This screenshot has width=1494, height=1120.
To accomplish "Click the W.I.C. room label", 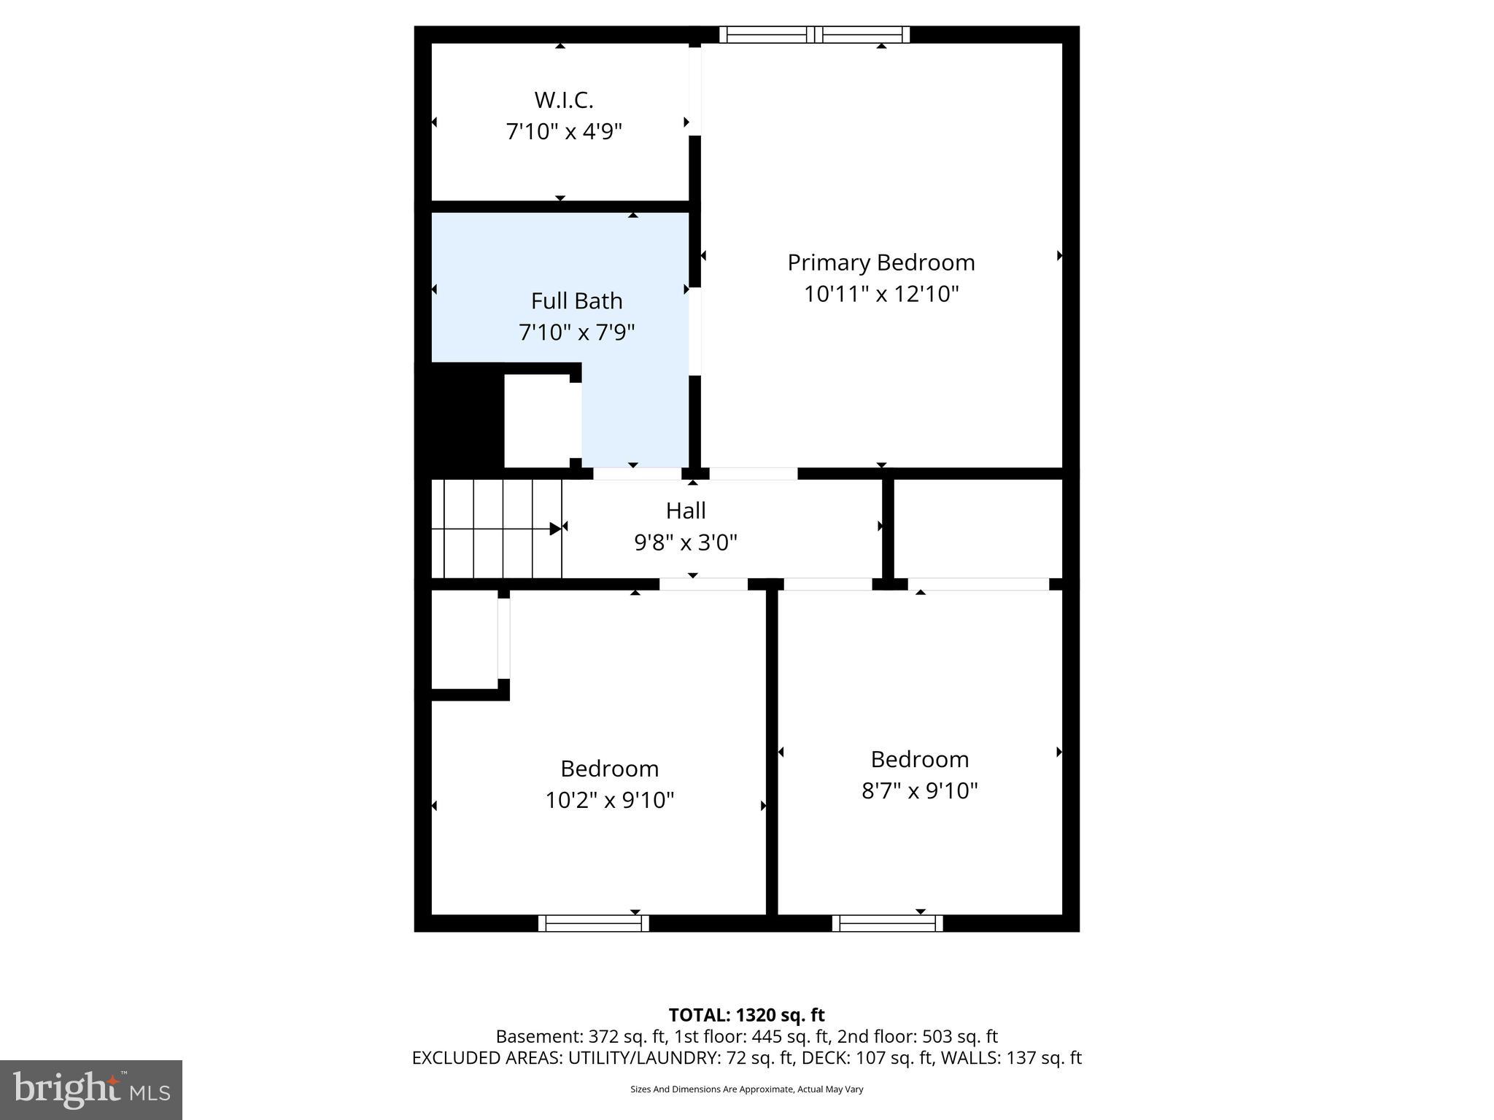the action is pos(563,100).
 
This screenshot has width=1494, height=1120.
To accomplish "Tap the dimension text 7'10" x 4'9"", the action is pos(563,132).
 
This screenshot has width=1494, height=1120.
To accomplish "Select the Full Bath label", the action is pos(576,301).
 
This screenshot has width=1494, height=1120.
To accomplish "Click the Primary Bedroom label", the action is pos(880,262).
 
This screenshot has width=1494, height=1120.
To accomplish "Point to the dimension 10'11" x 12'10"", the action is pos(880,294).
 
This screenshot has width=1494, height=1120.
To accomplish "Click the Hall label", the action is pos(686,510).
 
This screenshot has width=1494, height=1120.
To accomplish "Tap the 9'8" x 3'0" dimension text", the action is pos(686,542).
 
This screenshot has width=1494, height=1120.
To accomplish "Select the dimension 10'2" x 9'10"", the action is pos(609,800).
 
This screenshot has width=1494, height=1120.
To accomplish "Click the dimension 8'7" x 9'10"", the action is pos(919,790).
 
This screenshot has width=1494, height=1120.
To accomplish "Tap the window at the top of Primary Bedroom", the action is pos(814,34).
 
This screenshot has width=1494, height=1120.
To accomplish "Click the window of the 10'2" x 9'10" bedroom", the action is pos(593,923).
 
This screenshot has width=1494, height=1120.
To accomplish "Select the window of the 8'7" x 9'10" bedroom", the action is pos(887,923).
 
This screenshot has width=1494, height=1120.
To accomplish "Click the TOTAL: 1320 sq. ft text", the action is pos(746,1015).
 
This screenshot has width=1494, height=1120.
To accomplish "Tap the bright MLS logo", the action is pos(90,1089).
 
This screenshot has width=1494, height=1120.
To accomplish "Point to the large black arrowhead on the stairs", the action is pos(555,529).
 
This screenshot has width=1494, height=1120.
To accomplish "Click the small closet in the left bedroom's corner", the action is pos(464,639).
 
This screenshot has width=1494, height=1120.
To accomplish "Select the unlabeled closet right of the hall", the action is pos(978,528).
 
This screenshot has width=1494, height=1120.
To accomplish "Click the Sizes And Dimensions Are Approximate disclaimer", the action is pos(746,1089).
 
